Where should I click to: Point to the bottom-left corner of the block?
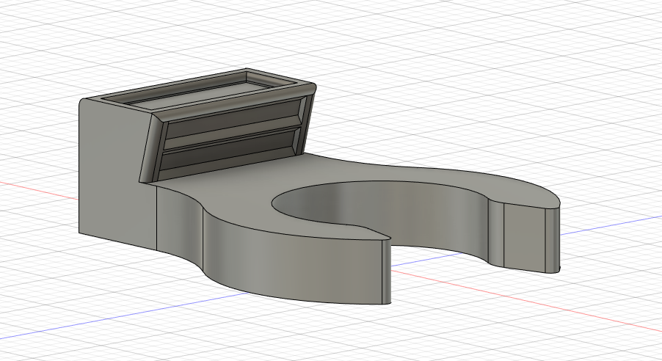80,234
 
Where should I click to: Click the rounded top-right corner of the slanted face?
312,89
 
